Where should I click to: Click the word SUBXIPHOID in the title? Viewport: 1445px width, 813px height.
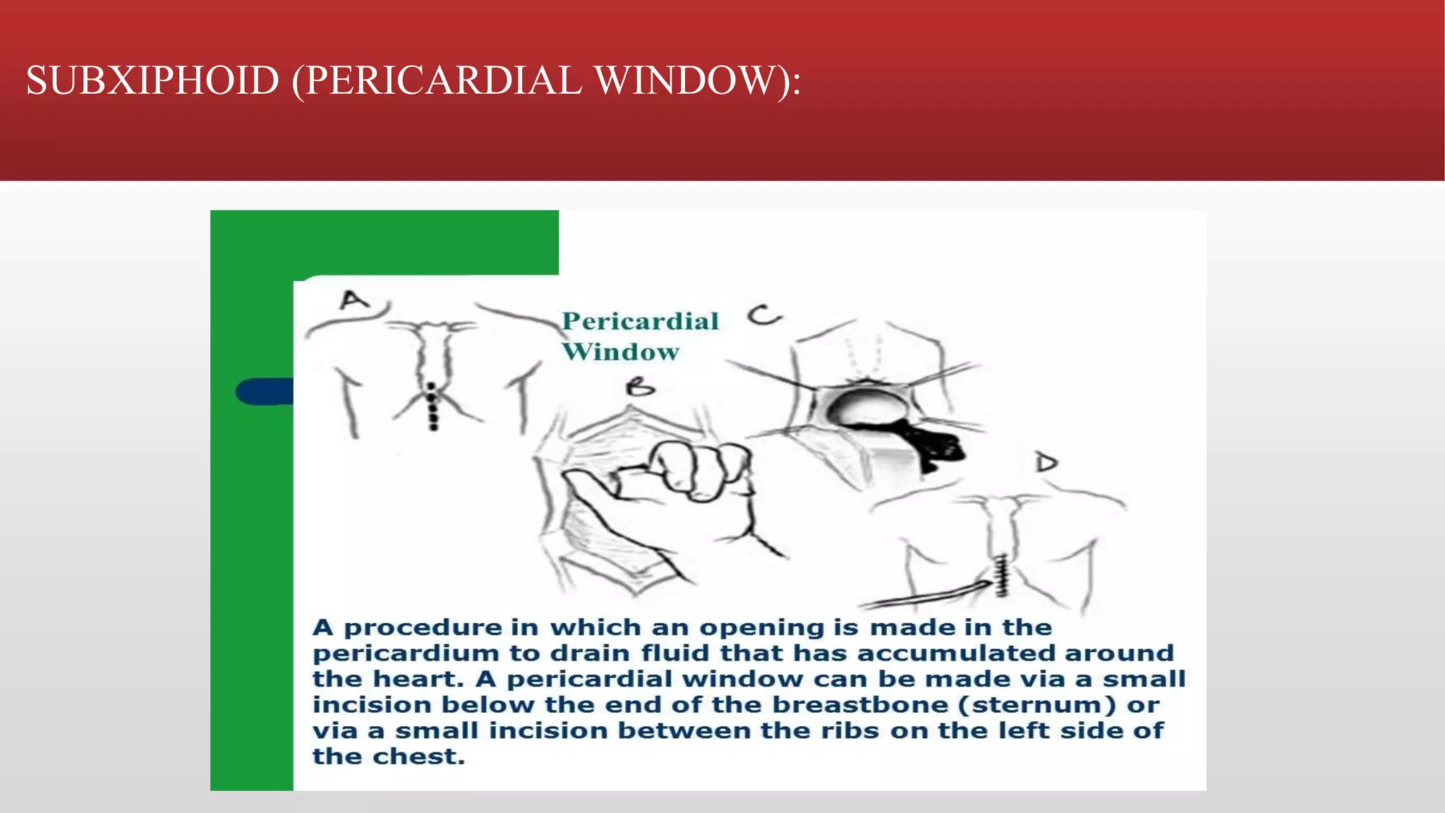(x=152, y=80)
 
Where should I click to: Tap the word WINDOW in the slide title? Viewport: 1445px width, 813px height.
(x=684, y=80)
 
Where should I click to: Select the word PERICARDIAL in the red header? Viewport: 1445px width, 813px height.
(x=443, y=80)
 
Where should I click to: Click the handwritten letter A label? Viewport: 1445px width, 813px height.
(x=354, y=301)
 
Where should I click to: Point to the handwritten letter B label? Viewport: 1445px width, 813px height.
(x=641, y=387)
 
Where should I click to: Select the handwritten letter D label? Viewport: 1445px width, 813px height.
(x=1046, y=463)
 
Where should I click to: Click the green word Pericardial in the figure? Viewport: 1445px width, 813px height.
(x=640, y=322)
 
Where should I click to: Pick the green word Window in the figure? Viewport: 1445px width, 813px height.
(x=620, y=351)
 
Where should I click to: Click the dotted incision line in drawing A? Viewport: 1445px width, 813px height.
(x=433, y=408)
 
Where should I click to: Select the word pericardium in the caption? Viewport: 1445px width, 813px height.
(x=405, y=654)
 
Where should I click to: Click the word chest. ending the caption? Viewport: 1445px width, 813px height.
(x=418, y=757)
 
